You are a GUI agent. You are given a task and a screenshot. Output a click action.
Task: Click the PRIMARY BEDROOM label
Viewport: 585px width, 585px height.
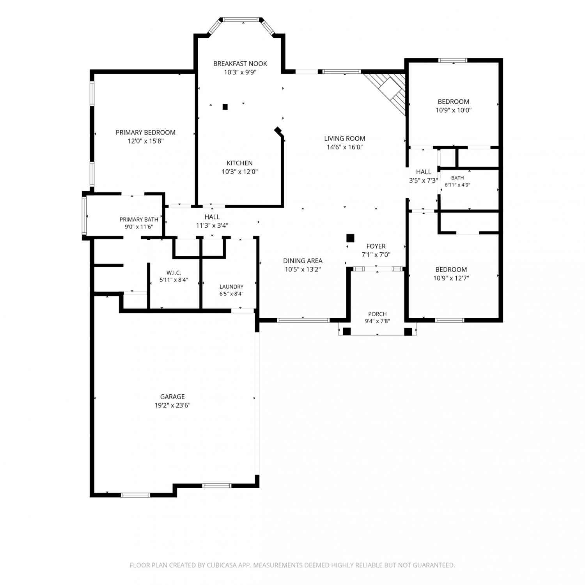point(145,133)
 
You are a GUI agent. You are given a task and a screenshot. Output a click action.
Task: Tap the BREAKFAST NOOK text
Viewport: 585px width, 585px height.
point(240,64)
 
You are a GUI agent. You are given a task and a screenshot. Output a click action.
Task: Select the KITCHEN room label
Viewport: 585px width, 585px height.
point(239,163)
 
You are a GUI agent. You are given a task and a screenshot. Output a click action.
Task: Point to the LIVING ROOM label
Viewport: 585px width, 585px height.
point(345,138)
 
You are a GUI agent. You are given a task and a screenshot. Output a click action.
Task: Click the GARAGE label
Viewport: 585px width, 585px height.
point(172,397)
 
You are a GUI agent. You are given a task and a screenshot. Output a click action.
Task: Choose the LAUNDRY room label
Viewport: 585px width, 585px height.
point(231,287)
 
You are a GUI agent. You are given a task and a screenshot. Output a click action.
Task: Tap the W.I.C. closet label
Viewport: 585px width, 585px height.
point(174,273)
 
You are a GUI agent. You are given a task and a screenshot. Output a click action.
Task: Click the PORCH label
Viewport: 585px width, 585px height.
point(378,314)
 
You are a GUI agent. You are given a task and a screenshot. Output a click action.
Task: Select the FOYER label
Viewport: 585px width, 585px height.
point(376,246)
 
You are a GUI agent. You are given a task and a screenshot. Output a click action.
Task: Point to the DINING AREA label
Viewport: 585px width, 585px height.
point(303,261)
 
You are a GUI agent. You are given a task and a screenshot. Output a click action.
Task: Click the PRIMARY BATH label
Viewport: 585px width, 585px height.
point(139,220)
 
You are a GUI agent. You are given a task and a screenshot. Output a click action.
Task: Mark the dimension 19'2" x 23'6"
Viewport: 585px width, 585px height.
point(172,405)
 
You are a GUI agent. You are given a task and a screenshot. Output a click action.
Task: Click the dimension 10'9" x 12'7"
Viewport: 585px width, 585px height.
point(451,278)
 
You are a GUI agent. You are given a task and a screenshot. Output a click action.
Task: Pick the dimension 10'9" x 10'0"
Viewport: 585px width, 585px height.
point(454,110)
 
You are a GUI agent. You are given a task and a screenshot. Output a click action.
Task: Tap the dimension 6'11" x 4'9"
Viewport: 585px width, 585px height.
point(457,185)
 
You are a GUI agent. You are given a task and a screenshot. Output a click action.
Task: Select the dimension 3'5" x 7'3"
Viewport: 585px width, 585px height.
point(424,181)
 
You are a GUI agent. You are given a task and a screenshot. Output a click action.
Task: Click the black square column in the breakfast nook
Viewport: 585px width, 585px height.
point(225,106)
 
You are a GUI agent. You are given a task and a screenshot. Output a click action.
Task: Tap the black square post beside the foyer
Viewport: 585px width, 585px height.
point(350,238)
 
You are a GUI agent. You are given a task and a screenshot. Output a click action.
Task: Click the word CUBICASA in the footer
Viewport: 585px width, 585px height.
point(222,565)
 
